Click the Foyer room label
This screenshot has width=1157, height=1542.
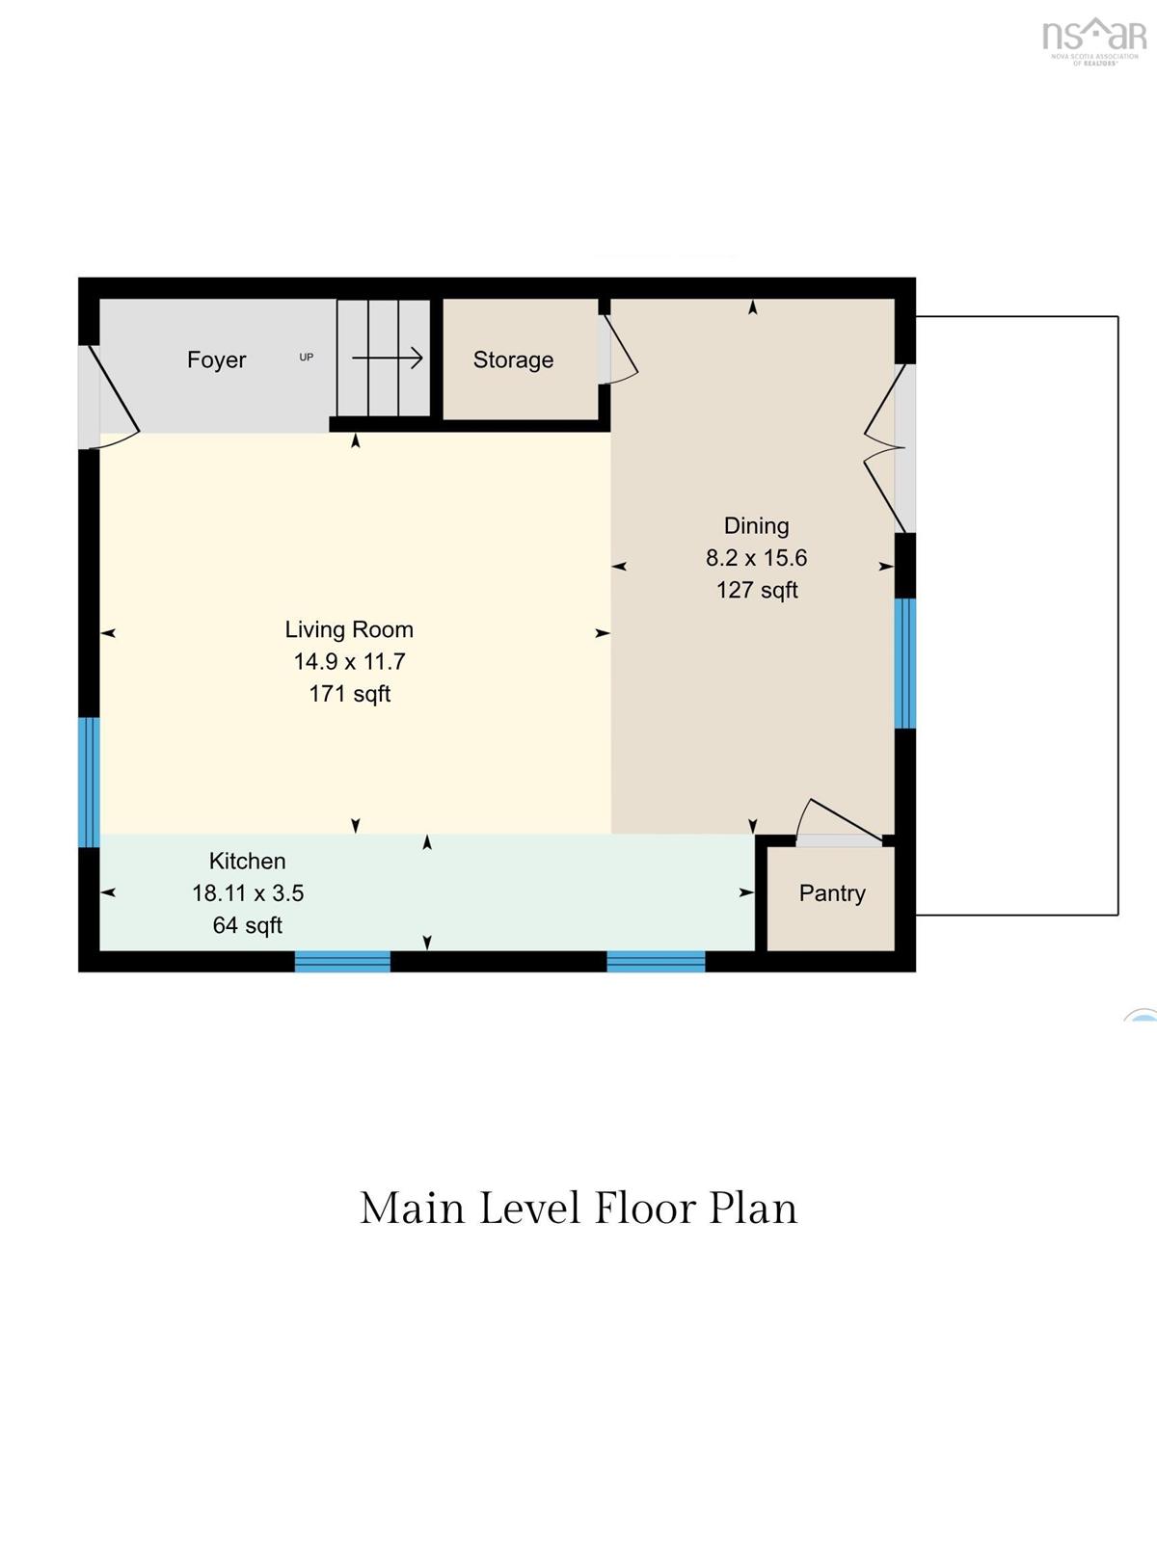(x=216, y=359)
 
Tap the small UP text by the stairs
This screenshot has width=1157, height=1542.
(x=307, y=357)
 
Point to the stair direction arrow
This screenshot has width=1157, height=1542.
(x=387, y=359)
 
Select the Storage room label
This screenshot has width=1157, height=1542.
(x=513, y=359)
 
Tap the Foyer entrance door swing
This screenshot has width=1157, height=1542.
(x=116, y=397)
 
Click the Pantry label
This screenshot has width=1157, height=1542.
(x=832, y=893)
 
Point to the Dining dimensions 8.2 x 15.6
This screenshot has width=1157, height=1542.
(x=757, y=558)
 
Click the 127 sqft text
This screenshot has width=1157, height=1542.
(x=757, y=590)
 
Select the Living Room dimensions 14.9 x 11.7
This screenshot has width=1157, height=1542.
(x=349, y=662)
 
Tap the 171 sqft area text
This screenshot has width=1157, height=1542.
(x=350, y=694)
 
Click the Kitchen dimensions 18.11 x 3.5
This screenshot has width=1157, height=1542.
(x=248, y=893)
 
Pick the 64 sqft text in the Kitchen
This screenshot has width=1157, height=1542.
(x=247, y=926)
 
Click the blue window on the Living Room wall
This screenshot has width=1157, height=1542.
(x=90, y=782)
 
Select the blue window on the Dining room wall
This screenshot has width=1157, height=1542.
(x=904, y=663)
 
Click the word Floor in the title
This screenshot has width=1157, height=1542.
(x=645, y=1210)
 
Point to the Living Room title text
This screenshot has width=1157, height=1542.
(x=349, y=629)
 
